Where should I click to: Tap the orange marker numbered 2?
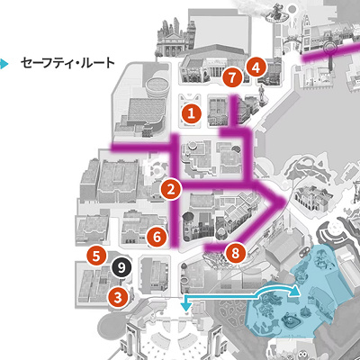click(x=171, y=189)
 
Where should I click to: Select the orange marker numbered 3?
click(x=116, y=294)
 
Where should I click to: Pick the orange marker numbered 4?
click(x=256, y=66)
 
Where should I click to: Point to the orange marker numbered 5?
click(x=95, y=256)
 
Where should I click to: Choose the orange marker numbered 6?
click(x=156, y=238)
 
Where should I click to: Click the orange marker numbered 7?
click(x=233, y=78)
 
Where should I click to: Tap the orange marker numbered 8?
click(x=236, y=253)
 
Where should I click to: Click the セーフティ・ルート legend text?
click(x=64, y=64)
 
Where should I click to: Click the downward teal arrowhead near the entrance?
click(x=186, y=307)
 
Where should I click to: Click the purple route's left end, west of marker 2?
click(x=114, y=147)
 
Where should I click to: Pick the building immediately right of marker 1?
click(x=217, y=112)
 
